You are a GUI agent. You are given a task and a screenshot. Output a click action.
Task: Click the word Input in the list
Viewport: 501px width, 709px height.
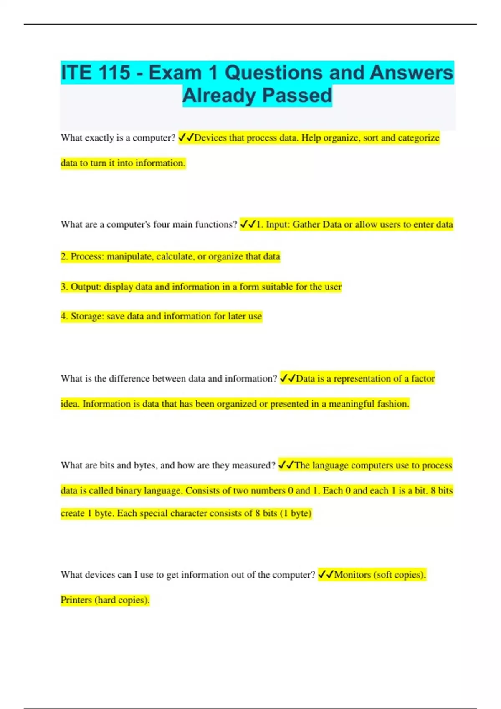pyautogui.click(x=277, y=225)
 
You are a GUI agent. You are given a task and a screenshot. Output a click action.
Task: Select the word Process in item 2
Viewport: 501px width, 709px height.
pyautogui.click(x=87, y=256)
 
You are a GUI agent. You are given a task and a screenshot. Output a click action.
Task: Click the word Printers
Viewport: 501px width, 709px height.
pyautogui.click(x=76, y=600)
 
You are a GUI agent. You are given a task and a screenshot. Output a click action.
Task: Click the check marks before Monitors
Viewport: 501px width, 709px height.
pyautogui.click(x=326, y=575)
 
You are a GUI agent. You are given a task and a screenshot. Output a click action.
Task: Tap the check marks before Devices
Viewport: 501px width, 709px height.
pyautogui.click(x=186, y=138)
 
